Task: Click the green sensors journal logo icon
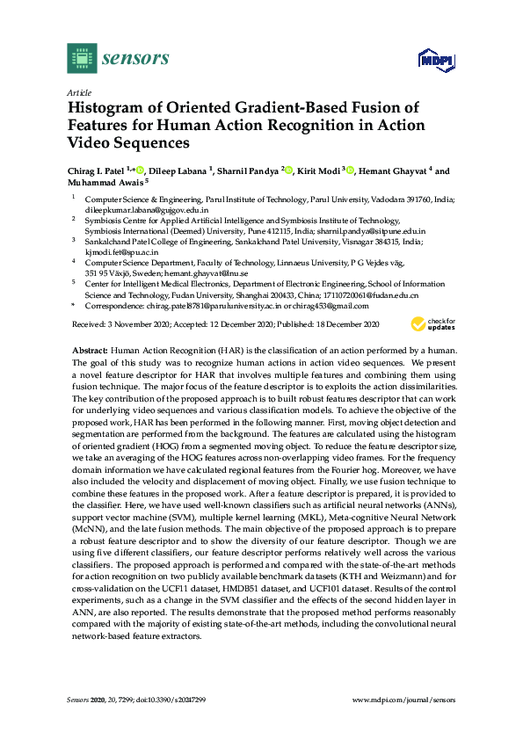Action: (82, 59)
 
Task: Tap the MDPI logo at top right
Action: (437, 61)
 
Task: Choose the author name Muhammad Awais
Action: (100, 183)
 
